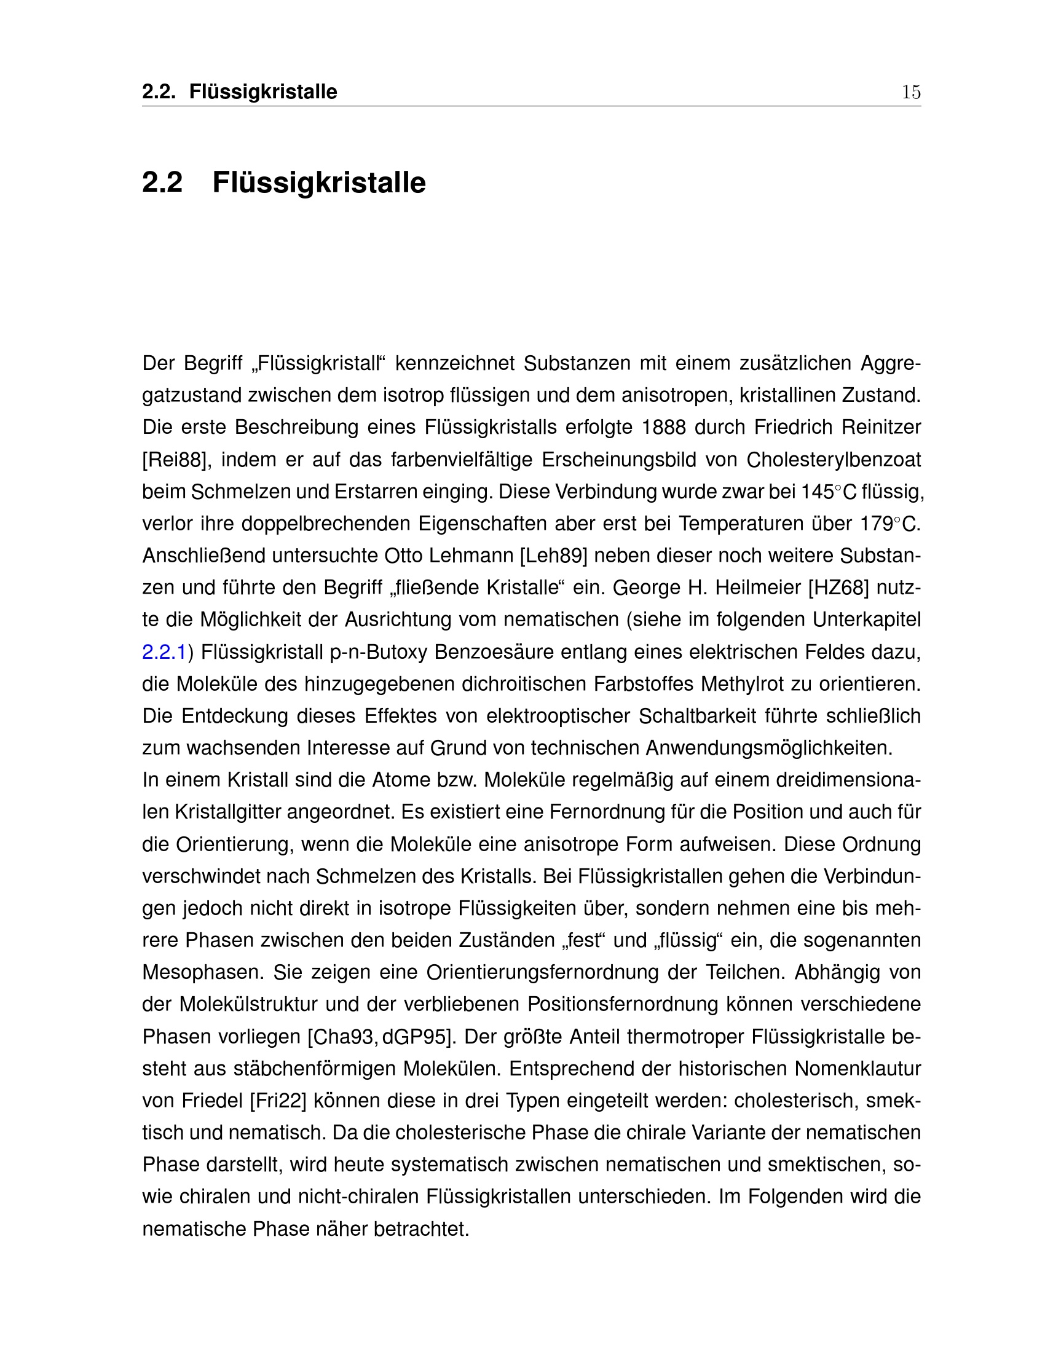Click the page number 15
[910, 92]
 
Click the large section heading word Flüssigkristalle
[319, 183]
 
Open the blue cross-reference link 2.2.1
[164, 652]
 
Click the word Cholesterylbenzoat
[834, 460]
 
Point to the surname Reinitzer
[881, 427]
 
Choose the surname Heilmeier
[758, 588]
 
